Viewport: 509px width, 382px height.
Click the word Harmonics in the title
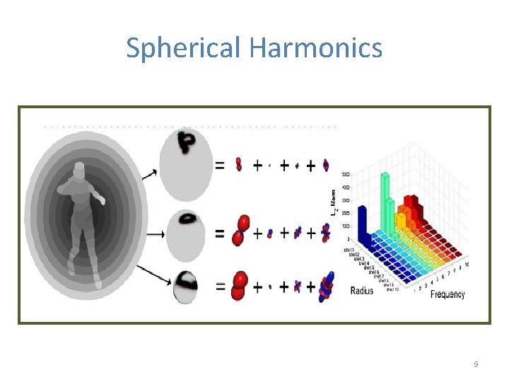click(x=315, y=48)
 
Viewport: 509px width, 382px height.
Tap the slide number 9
click(x=476, y=364)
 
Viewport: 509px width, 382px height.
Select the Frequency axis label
click(x=447, y=294)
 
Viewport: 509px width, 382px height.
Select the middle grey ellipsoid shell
click(x=185, y=233)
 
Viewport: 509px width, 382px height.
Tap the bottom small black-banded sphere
click(x=185, y=287)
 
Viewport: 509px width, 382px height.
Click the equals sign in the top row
click(x=220, y=166)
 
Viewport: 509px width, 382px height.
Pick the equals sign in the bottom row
click(x=220, y=287)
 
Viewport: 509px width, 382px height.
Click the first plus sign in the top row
click(x=257, y=166)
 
